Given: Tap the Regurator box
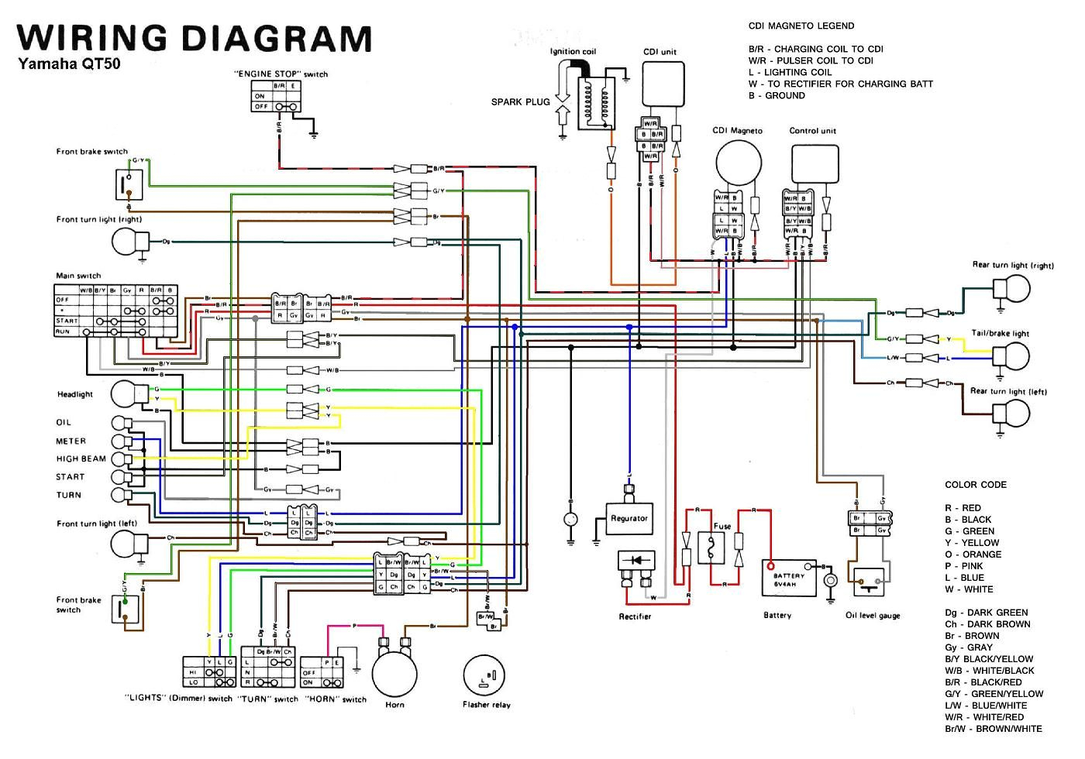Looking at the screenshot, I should pyautogui.click(x=629, y=518).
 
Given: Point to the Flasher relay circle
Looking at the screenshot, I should pyautogui.click(x=486, y=678).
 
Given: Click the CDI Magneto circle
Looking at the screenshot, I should pyautogui.click(x=739, y=164).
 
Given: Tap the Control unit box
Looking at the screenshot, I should pyautogui.click(x=815, y=165).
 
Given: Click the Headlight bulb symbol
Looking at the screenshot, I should pyautogui.click(x=124, y=393).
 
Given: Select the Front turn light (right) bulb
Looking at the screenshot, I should pyautogui.click(x=126, y=242).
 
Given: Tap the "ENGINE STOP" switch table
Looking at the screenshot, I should pyautogui.click(x=277, y=96).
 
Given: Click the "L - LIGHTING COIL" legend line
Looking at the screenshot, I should pyautogui.click(x=790, y=72).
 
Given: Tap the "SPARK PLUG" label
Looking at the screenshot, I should pyautogui.click(x=520, y=101).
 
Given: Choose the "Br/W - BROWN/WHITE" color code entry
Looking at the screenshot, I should pyautogui.click(x=993, y=729).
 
